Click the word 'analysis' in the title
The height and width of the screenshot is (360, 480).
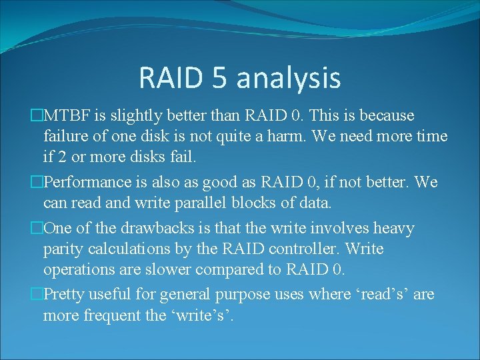[288, 78]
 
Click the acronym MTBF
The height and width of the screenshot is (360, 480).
[67, 116]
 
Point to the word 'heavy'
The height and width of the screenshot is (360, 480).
[393, 228]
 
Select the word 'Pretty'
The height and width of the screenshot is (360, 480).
[64, 294]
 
